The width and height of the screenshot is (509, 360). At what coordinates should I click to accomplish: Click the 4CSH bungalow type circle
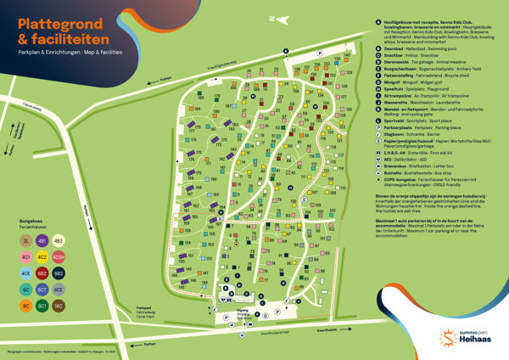click(x=59, y=256)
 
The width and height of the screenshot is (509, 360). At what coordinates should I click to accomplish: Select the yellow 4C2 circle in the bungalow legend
click(x=42, y=256)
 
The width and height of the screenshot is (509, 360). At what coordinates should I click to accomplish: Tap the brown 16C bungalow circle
click(x=59, y=305)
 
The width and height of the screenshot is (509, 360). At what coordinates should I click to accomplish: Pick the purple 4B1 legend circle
click(x=42, y=240)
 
